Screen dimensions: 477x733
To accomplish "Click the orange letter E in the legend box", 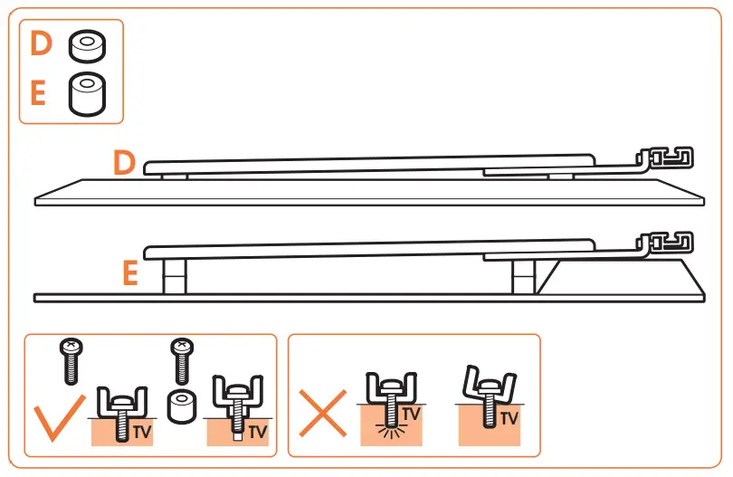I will [x=39, y=93].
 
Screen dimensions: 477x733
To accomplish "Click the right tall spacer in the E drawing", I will [x=523, y=275].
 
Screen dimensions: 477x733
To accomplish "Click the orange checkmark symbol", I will [x=53, y=417].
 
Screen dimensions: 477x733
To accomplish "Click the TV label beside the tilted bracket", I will [x=509, y=419].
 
